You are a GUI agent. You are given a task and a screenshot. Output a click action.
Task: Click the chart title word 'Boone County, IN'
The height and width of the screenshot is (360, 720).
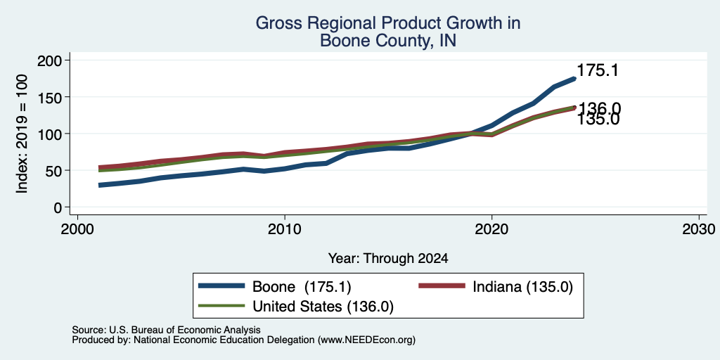pos(388,40)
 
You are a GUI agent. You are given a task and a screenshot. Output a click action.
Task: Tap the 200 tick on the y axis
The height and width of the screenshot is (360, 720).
pos(50,60)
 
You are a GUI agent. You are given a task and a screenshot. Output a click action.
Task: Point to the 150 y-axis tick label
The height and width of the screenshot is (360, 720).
pos(50,97)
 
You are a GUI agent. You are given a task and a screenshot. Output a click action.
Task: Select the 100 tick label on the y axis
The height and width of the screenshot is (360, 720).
pos(50,134)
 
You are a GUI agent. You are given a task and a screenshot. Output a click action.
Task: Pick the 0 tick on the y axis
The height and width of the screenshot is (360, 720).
pos(58,207)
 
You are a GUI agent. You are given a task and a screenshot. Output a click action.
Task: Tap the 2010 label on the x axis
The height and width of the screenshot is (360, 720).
pos(285,229)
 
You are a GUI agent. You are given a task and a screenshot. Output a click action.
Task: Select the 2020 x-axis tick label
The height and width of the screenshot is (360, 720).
pos(491,229)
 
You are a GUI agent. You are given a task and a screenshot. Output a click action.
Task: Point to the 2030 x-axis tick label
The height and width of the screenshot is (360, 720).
pos(699,229)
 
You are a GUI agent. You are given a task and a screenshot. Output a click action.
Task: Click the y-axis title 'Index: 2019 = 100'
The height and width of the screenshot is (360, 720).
pos(22,134)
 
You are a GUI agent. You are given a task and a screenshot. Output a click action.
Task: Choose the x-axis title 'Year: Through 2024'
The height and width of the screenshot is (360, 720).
pos(388,259)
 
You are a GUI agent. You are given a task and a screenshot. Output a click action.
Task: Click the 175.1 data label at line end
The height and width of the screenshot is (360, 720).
pos(598,70)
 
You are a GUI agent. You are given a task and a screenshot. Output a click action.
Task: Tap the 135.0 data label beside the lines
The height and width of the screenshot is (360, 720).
pos(598,120)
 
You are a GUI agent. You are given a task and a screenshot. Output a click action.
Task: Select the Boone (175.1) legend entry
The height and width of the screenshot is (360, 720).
pos(275,287)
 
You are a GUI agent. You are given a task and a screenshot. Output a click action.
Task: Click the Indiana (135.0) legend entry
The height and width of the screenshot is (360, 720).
pos(496,287)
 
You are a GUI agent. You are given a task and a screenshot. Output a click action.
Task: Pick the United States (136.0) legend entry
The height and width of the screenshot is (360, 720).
pos(296,307)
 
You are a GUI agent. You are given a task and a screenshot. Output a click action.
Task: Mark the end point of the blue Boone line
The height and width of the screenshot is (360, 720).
pos(574,79)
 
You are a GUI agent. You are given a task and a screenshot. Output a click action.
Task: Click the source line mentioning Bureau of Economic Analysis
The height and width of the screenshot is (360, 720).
pos(166,330)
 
